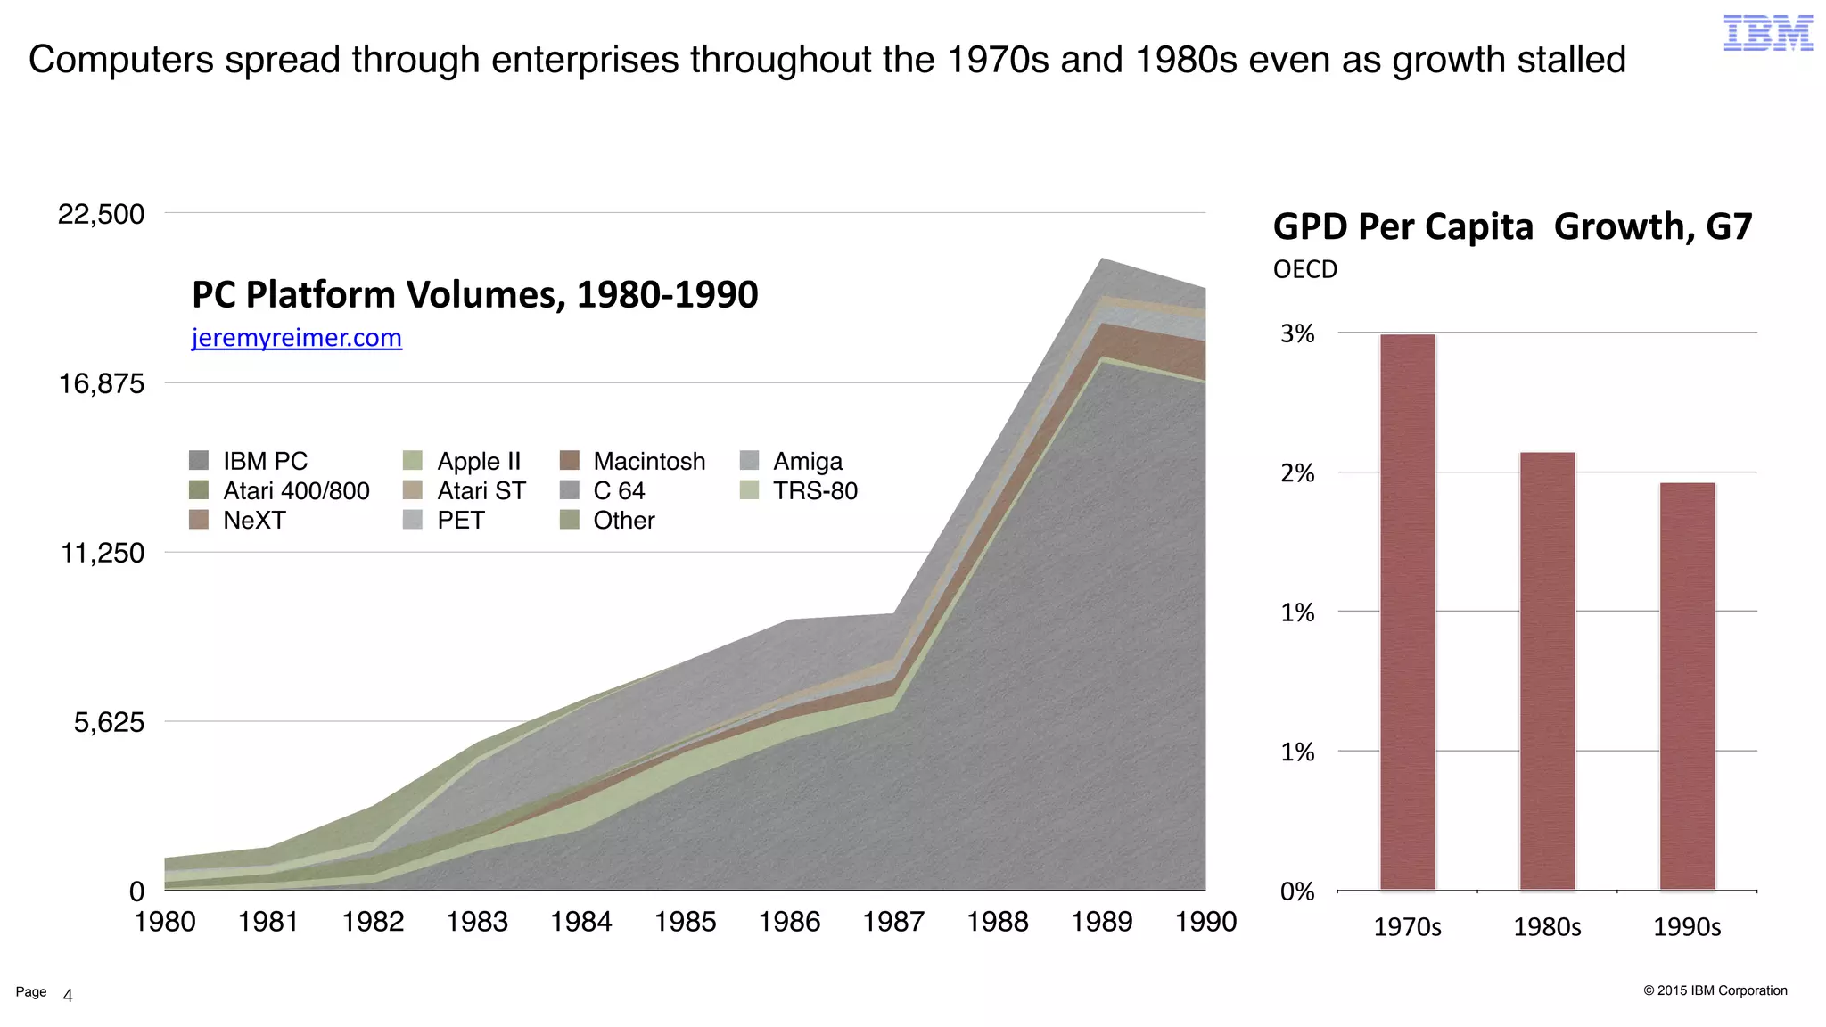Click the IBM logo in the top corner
(x=1767, y=33)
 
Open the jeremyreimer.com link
(x=296, y=338)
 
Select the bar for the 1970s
(x=1407, y=612)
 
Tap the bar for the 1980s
(x=1547, y=670)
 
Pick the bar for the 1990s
(x=1687, y=686)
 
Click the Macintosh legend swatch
(x=570, y=461)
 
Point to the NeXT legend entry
(x=253, y=520)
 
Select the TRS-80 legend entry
(x=814, y=490)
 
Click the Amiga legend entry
(x=807, y=461)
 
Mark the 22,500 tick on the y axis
(x=101, y=214)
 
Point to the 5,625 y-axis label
(x=109, y=722)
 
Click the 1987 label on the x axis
(x=893, y=921)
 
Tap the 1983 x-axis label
(x=477, y=921)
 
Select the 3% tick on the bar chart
(x=1297, y=333)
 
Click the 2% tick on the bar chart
(x=1297, y=472)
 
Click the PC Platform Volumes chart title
(x=474, y=294)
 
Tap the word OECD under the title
(x=1304, y=269)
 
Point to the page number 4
(x=68, y=996)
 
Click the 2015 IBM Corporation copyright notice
(x=1715, y=990)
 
